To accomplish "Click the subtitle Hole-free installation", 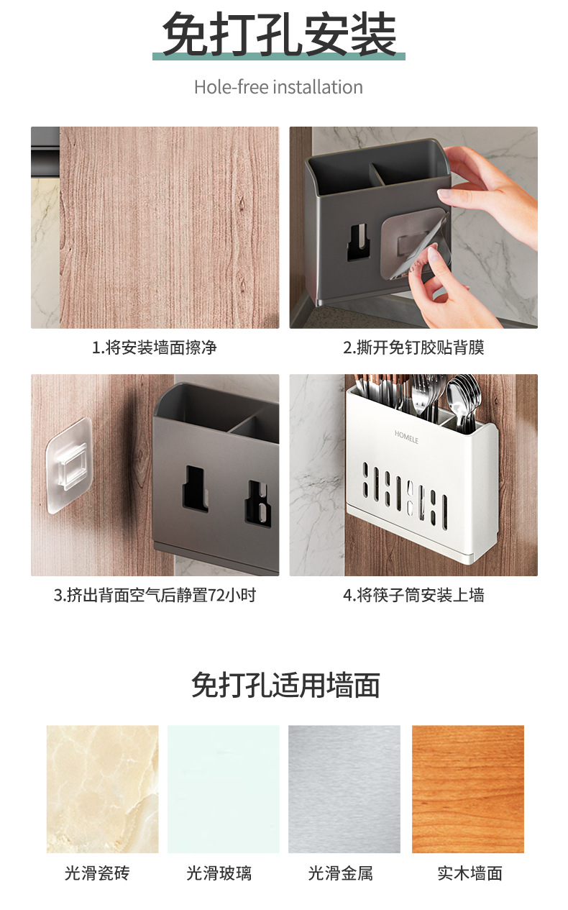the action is tap(278, 87).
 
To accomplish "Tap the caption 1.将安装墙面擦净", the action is tap(155, 347).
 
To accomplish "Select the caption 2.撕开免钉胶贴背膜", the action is tap(413, 347).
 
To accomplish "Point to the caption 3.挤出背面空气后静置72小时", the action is tap(155, 595).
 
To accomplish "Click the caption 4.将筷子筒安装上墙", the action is tap(413, 595).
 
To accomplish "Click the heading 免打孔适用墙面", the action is tap(285, 686).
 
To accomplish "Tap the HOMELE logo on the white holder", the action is tap(406, 437).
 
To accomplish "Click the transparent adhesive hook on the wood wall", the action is tap(68, 465).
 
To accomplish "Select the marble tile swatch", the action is tap(102, 789).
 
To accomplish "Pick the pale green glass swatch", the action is tap(224, 789).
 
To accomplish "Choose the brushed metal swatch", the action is tap(344, 789).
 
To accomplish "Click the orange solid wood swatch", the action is tap(468, 789).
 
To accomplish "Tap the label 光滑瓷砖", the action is tap(98, 873).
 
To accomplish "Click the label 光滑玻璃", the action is tap(219, 873).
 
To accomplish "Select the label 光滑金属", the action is tap(340, 873).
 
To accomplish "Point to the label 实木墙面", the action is tap(469, 873).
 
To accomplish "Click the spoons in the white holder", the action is tap(463, 400).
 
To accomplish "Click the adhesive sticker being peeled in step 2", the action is tap(414, 244).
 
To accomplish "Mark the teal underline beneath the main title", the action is tap(279, 56).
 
